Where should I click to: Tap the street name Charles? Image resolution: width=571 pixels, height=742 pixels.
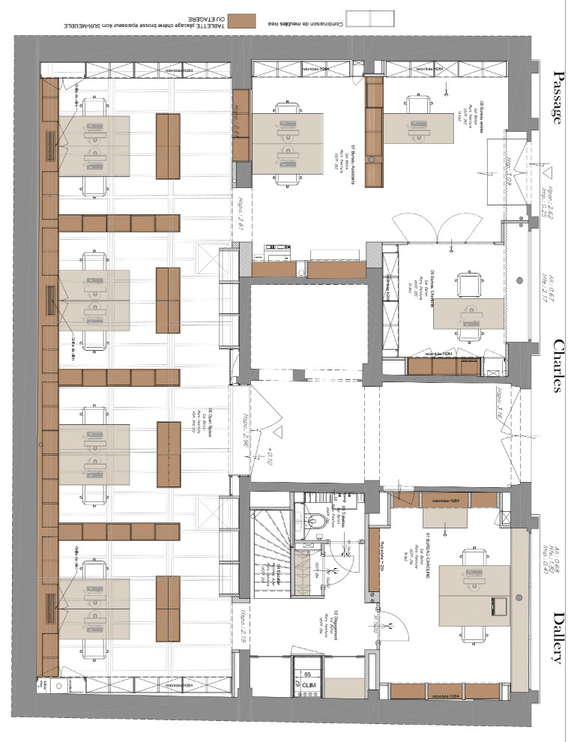pos(559,366)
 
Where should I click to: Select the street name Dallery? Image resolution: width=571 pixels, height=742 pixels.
pos(559,637)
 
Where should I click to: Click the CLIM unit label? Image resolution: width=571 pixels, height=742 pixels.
pos(308,684)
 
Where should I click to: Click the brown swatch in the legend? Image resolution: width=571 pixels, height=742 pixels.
pos(242,20)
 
